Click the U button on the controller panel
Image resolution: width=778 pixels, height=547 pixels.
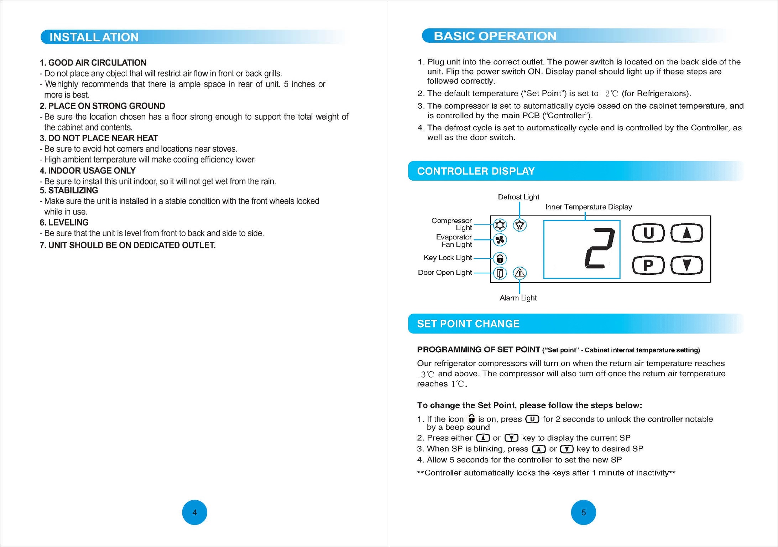click(x=648, y=233)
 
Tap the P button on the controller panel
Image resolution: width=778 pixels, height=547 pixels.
click(x=648, y=265)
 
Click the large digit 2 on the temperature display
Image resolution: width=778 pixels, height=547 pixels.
click(x=600, y=248)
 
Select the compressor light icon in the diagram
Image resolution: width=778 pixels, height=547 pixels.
click(x=500, y=225)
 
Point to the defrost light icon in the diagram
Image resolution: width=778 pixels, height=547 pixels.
click(x=519, y=225)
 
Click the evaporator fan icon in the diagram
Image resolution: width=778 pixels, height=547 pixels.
click(x=500, y=240)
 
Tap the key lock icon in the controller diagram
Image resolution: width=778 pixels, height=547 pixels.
click(x=500, y=258)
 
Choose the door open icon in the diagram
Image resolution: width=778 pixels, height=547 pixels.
click(x=500, y=273)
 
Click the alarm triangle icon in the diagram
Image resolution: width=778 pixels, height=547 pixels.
click(x=519, y=273)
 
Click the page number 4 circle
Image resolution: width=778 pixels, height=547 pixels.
click(x=194, y=512)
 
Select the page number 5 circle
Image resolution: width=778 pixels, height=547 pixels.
click(x=583, y=512)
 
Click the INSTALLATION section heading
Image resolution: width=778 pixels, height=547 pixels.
click(x=94, y=37)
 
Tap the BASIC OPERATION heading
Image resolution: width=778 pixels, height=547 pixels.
click(x=495, y=36)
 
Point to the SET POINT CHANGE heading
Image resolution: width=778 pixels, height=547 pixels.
click(x=468, y=324)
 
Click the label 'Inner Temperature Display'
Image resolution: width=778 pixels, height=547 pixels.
click(x=589, y=207)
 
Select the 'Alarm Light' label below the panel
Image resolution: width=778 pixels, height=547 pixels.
click(x=518, y=298)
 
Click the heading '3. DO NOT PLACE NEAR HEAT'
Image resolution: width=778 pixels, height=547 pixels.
click(x=99, y=138)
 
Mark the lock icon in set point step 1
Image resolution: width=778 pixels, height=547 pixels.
click(x=471, y=418)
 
